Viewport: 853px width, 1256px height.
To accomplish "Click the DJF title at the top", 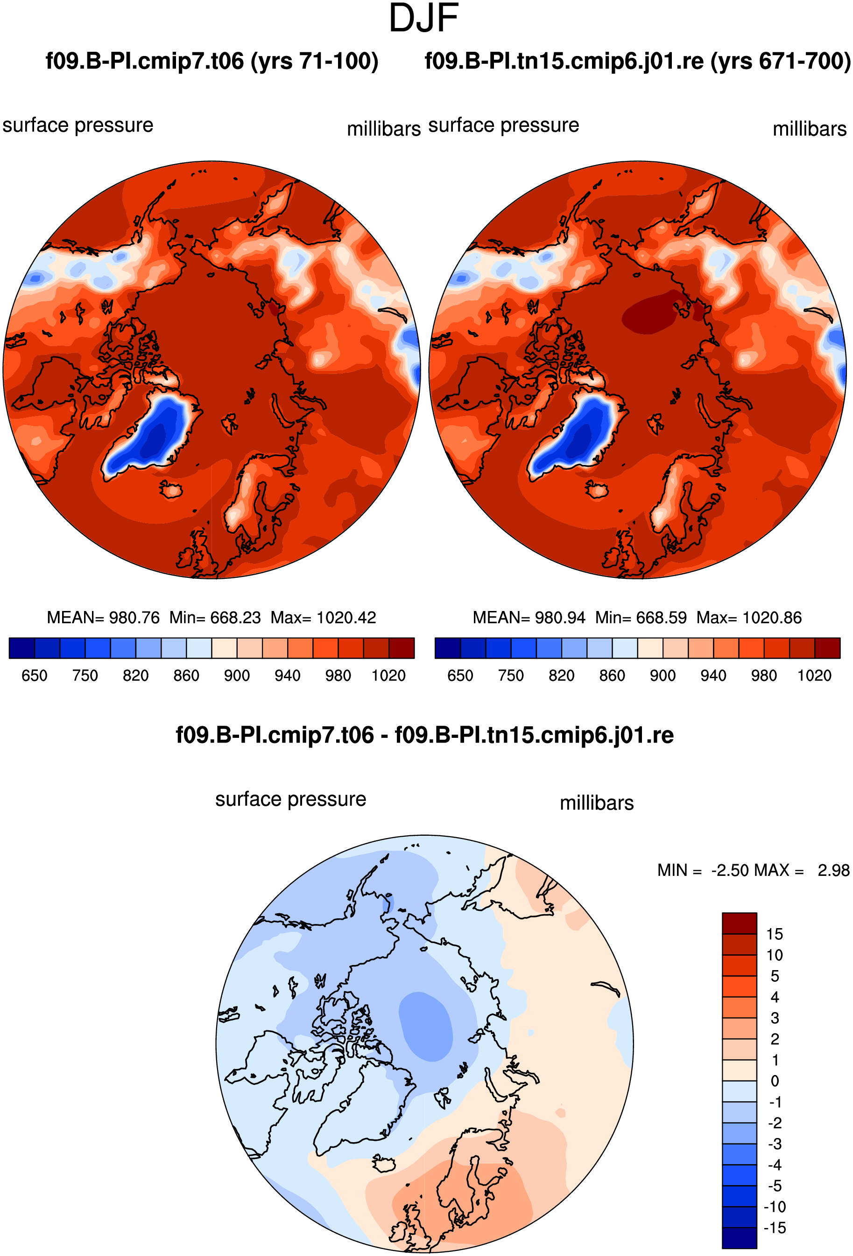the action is (423, 18).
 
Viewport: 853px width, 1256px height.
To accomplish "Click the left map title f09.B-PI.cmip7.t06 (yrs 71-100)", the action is (211, 61).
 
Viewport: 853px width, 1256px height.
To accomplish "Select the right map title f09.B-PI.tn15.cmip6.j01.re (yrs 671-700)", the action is (638, 61).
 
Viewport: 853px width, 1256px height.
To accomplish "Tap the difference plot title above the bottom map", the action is (424, 735).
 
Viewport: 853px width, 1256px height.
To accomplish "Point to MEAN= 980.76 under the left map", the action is (103, 617).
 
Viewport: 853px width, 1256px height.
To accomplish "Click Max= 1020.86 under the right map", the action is (749, 617).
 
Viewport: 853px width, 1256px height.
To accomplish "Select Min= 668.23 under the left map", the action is (215, 617).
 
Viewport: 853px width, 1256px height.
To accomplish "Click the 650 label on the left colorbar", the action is (35, 675).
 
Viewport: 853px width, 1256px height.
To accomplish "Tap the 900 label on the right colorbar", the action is (663, 675).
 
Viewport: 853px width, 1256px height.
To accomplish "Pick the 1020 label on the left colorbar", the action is (388, 675).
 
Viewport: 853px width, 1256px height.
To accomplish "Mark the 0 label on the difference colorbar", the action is (775, 1081).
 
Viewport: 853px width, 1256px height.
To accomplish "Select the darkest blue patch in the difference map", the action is (426, 1026).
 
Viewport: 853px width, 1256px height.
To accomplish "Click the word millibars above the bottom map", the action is (597, 803).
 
